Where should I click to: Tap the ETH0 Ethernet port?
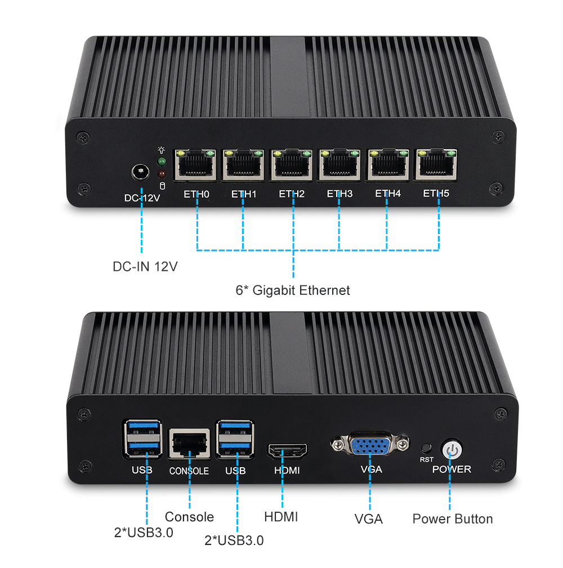[195, 164]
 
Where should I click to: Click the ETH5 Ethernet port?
[436, 164]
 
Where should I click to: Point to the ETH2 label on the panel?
[292, 194]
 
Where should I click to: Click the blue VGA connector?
[370, 446]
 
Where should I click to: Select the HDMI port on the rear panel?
[287, 451]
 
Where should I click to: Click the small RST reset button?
[426, 448]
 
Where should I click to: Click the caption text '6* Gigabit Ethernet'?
[293, 290]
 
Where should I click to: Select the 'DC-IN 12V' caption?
[145, 266]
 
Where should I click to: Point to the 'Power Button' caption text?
[452, 519]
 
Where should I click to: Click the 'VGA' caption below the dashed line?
[369, 519]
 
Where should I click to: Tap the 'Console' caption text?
[189, 517]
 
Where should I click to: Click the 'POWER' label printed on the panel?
[452, 469]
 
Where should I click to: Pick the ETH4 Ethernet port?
[387, 164]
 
